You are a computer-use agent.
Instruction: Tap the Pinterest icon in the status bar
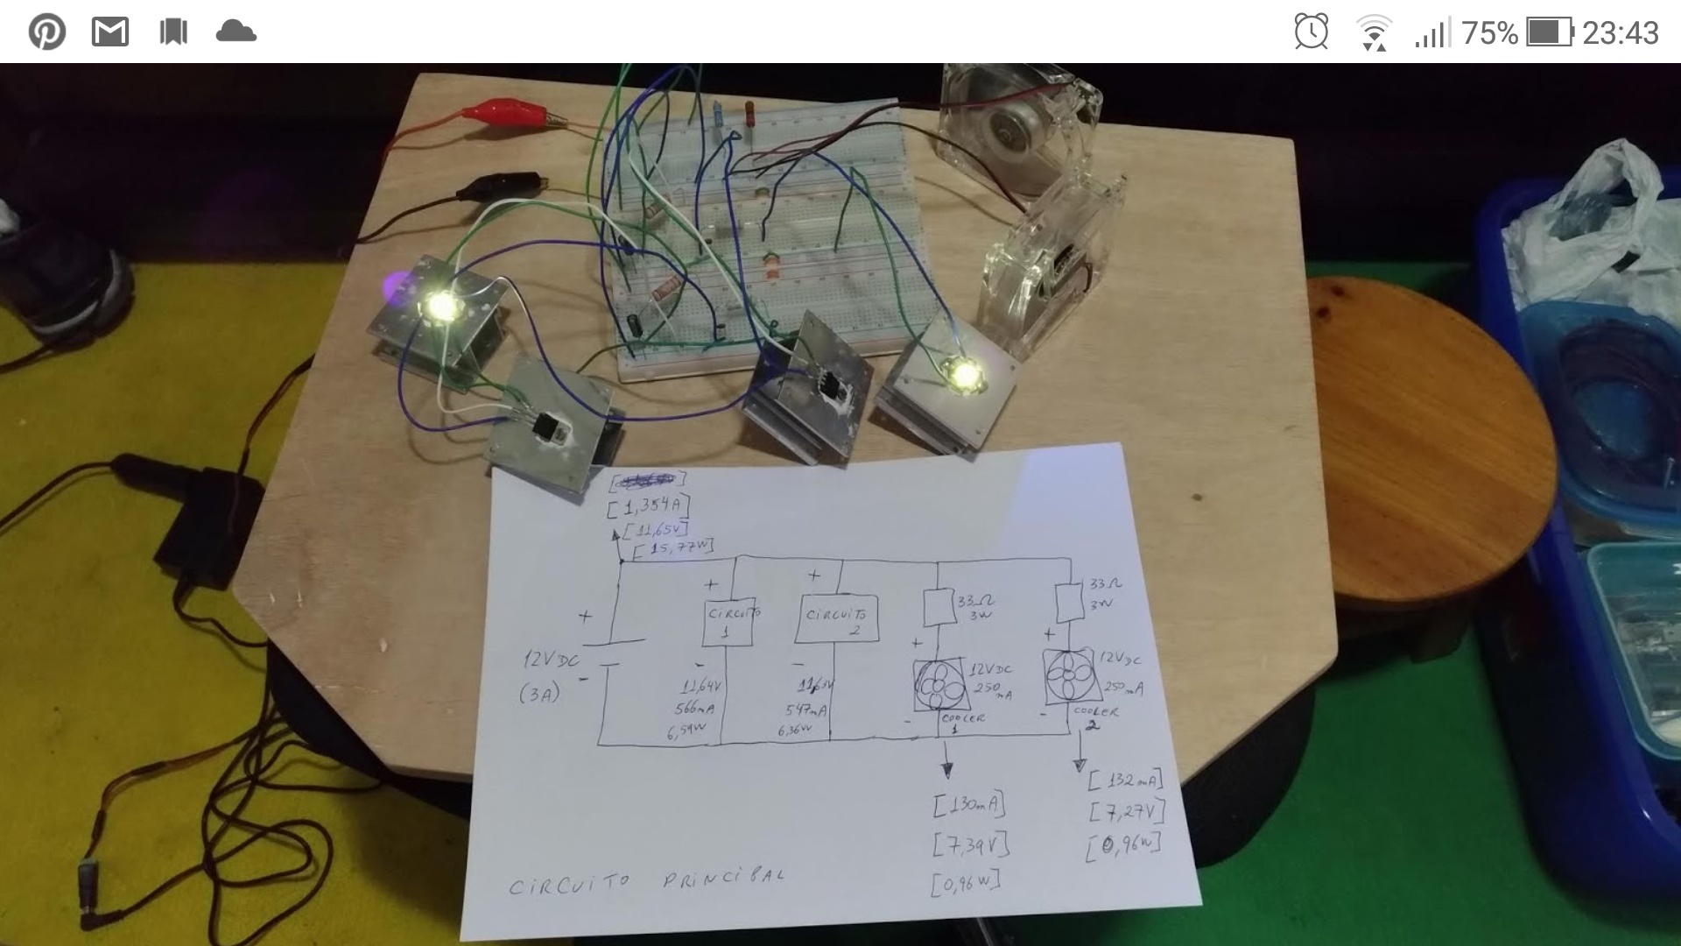(x=46, y=33)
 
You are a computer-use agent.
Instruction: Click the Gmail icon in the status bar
(x=110, y=33)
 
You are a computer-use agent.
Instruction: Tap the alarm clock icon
(x=1311, y=32)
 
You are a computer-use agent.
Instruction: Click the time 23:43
(x=1620, y=33)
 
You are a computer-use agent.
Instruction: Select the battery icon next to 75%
(x=1550, y=33)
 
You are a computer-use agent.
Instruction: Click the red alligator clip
(x=503, y=112)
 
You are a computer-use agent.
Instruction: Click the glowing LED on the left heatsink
(x=442, y=306)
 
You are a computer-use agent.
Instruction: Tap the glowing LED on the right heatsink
(x=965, y=374)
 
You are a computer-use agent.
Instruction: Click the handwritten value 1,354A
(x=648, y=506)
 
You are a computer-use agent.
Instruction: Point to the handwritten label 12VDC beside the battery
(x=552, y=660)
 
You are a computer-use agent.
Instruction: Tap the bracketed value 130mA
(x=968, y=804)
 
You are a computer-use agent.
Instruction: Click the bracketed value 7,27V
(x=1127, y=811)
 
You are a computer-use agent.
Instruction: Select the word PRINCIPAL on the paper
(x=723, y=877)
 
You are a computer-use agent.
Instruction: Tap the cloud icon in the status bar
(x=236, y=33)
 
